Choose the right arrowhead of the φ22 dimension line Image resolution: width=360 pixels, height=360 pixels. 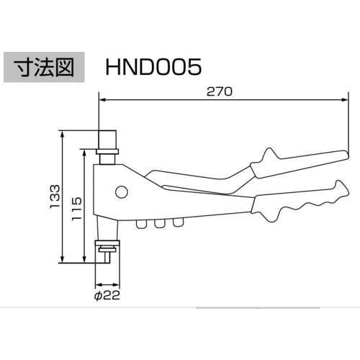116,284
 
